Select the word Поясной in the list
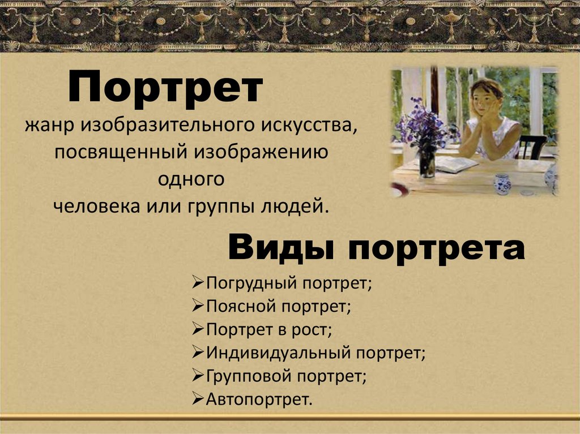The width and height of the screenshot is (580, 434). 240,307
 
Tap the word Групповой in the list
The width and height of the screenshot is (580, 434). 250,376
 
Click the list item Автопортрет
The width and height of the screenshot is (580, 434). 259,400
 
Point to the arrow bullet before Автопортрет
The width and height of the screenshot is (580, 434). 198,399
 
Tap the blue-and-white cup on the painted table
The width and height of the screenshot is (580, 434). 502,183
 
